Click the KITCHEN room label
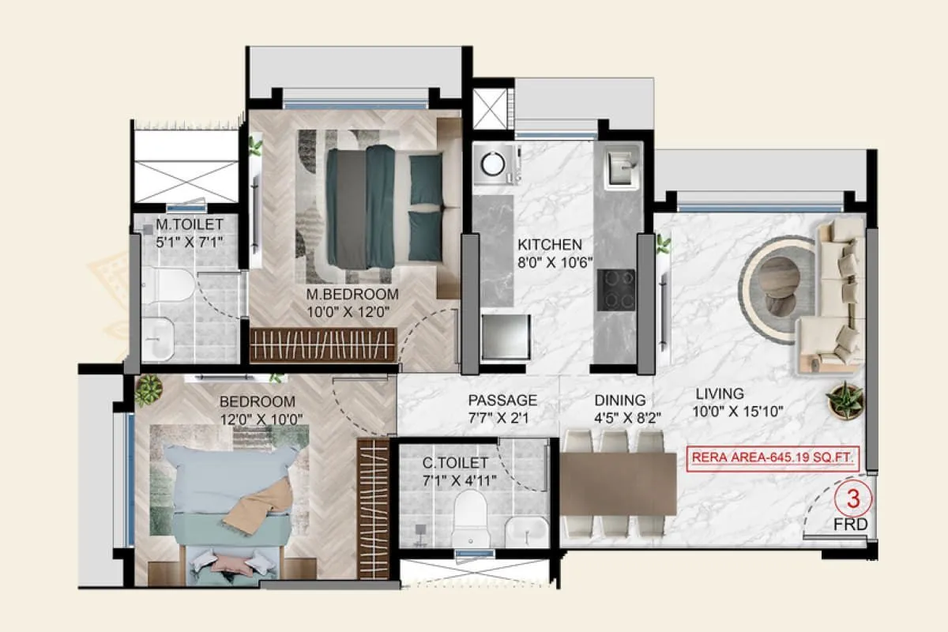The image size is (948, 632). [x=549, y=245]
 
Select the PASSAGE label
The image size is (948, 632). [x=502, y=401]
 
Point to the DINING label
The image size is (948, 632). [x=620, y=401]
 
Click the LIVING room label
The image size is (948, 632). [x=720, y=393]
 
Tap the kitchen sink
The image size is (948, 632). [x=619, y=167]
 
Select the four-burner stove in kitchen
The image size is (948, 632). [x=616, y=291]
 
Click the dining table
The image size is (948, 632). [x=618, y=483]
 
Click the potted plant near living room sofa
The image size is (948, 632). [x=845, y=398]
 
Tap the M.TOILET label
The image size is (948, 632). [x=190, y=225]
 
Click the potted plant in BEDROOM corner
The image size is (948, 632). [x=148, y=388]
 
